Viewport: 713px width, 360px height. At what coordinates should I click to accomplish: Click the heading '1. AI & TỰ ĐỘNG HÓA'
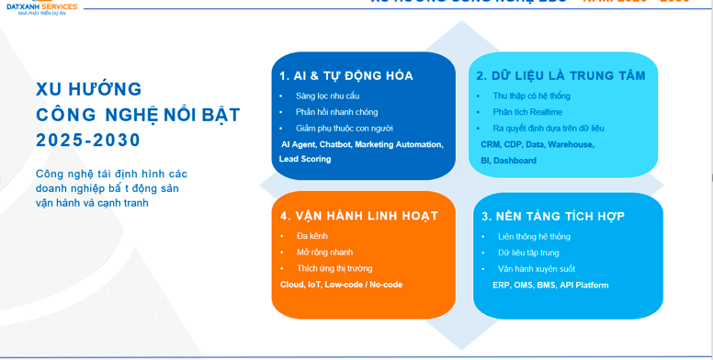346,75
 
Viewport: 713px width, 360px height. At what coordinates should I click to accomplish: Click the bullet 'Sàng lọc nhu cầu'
328,96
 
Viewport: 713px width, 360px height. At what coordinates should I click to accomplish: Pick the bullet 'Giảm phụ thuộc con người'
343,129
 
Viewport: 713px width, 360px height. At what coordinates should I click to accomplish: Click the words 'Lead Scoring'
305,159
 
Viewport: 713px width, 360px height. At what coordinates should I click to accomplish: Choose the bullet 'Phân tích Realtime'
527,112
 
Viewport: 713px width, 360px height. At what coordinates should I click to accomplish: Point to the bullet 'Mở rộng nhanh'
324,252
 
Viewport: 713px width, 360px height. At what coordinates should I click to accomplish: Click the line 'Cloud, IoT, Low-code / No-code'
341,284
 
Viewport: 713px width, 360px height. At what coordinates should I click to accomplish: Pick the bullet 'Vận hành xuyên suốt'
537,268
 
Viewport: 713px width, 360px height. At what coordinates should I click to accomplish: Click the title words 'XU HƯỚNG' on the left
88,89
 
